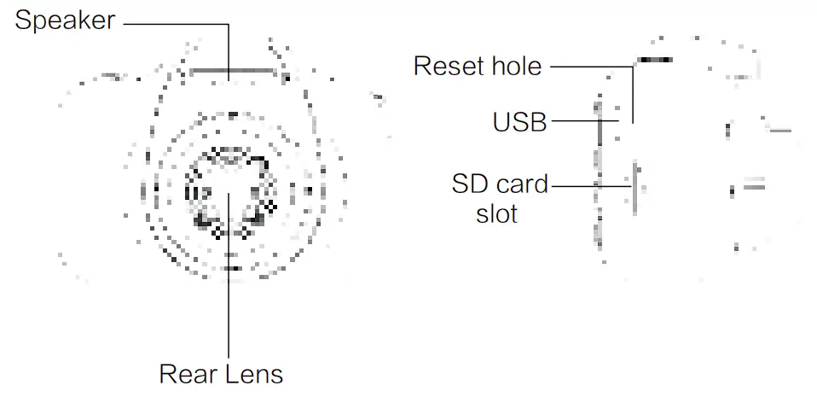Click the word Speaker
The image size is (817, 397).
point(65,20)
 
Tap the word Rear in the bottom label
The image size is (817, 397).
point(184,374)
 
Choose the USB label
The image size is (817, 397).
point(519,123)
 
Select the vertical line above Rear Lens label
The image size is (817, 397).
point(229,307)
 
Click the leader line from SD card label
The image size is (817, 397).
point(588,184)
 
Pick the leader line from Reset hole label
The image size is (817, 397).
point(588,65)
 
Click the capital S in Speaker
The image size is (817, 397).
point(24,20)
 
